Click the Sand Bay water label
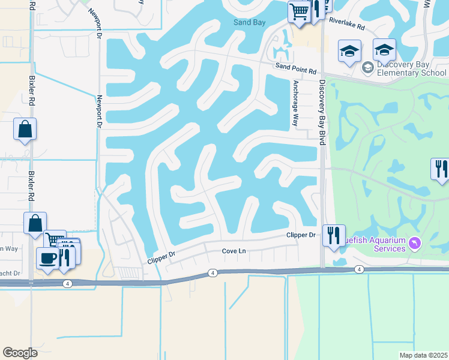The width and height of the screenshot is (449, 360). (x=249, y=23)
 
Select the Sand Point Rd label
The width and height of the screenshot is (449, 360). (x=296, y=70)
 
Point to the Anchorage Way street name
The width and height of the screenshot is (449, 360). (x=295, y=103)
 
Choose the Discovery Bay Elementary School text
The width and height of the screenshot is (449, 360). (x=412, y=68)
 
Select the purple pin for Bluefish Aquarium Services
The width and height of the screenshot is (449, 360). (x=414, y=242)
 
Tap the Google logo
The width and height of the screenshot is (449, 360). (x=20, y=353)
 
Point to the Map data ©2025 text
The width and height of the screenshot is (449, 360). (x=423, y=355)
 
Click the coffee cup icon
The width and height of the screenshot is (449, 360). (x=47, y=258)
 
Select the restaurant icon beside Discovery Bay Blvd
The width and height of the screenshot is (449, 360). (x=334, y=235)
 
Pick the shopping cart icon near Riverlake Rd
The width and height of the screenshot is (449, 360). (x=298, y=11)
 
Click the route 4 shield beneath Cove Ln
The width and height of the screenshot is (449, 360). (x=212, y=273)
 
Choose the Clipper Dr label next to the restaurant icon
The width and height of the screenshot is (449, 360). (x=301, y=235)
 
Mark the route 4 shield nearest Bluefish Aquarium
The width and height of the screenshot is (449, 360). (x=358, y=269)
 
